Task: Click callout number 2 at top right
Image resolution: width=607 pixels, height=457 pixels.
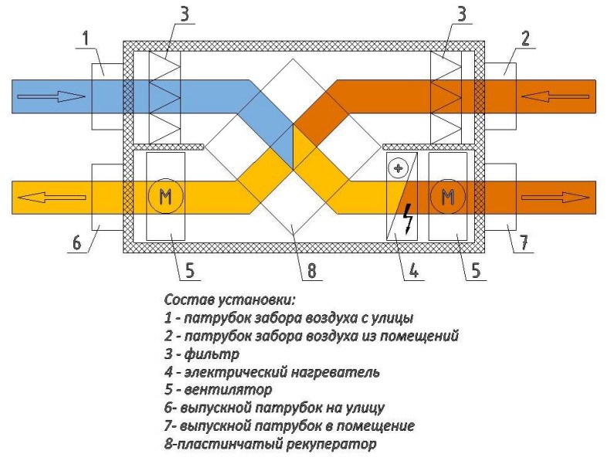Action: click(x=525, y=37)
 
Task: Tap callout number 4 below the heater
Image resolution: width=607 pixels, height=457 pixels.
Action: click(x=415, y=272)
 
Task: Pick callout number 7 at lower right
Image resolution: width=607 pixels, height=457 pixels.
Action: click(x=523, y=242)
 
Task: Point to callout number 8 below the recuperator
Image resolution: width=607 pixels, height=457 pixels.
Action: click(x=312, y=272)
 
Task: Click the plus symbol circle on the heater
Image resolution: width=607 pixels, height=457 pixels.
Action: click(x=399, y=168)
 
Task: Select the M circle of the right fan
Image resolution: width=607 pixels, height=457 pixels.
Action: click(x=448, y=197)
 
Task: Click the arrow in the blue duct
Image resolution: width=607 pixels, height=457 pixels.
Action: click(x=51, y=96)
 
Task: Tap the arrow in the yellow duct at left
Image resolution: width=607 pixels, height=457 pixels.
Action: click(x=51, y=197)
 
